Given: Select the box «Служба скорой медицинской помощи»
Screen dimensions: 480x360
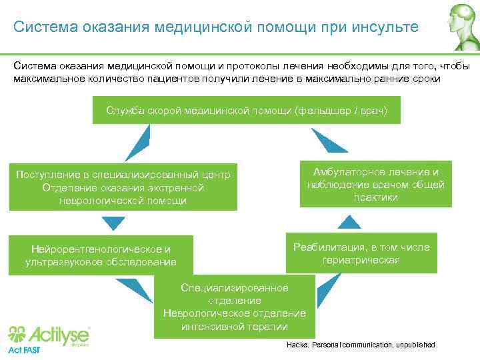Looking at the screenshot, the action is click(247, 110).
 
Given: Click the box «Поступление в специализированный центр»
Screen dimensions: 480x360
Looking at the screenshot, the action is click(123, 187).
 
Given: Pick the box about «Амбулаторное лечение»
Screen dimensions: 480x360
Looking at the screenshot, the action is click(376, 184).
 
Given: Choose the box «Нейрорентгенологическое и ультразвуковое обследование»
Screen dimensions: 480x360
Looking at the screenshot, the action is click(101, 255).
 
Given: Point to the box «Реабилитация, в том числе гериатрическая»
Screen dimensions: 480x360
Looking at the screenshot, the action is click(361, 253).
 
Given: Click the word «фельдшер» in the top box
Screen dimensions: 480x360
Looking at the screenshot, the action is click(323, 110).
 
